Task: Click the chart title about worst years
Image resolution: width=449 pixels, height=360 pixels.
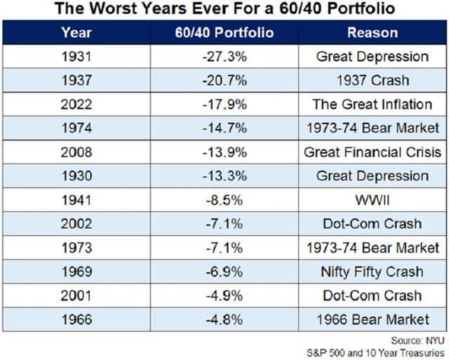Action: pos(224,10)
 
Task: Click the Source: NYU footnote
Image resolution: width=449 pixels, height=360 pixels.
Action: pos(416,339)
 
